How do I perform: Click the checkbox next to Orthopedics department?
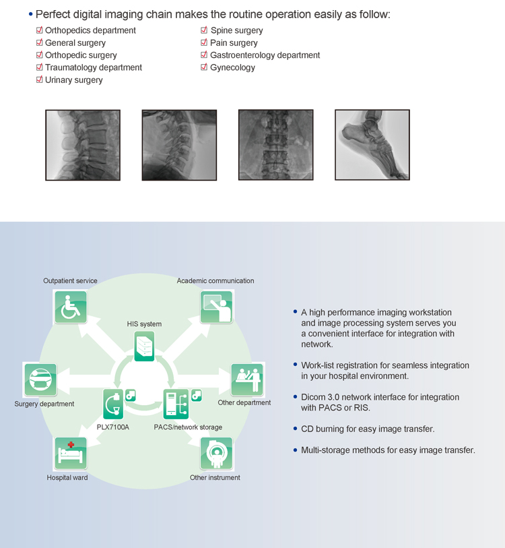[x=40, y=30]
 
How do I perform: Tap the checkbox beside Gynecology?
[x=204, y=67]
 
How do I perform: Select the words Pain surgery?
[x=234, y=43]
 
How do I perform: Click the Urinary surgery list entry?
[x=73, y=80]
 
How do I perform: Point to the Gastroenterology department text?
[x=265, y=55]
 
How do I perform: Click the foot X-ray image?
[x=372, y=145]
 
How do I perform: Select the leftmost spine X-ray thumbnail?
[x=81, y=145]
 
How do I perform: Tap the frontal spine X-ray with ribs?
[x=275, y=145]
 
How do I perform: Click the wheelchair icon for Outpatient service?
[x=71, y=307]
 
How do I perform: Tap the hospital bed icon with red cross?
[x=71, y=454]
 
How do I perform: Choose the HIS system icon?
[x=144, y=346]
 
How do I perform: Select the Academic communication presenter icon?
[x=216, y=307]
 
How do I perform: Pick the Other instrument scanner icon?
[x=216, y=454]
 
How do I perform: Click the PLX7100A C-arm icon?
[x=114, y=404]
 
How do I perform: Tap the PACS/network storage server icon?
[x=175, y=404]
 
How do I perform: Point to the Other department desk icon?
[x=246, y=379]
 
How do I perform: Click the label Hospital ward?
[x=67, y=478]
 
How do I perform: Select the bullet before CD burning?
[x=296, y=428]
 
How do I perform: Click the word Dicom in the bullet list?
[x=312, y=397]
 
